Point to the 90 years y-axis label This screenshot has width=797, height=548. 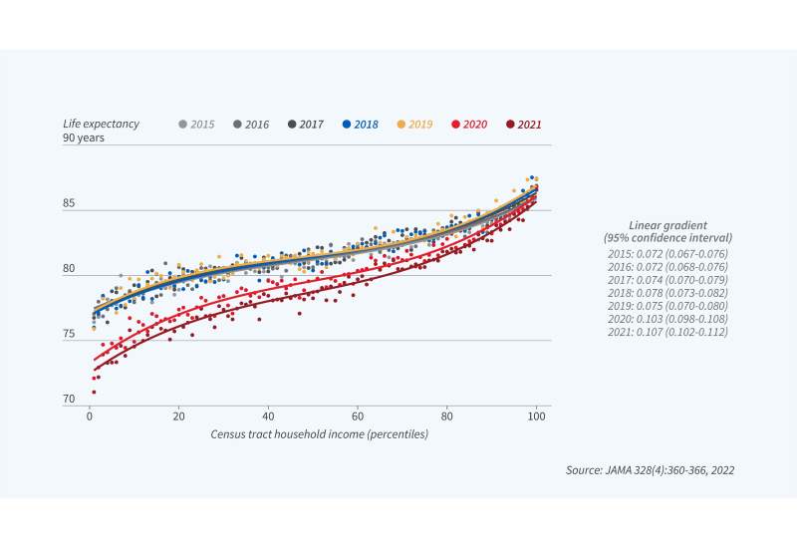point(83,138)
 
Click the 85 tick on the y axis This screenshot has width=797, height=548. point(70,205)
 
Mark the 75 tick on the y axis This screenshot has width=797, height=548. point(70,335)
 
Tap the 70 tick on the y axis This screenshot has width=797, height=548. point(70,400)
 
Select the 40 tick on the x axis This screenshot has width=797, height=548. point(268,416)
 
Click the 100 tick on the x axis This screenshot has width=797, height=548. point(537,416)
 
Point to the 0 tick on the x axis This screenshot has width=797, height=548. point(90,416)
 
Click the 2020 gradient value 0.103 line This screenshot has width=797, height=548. point(667,317)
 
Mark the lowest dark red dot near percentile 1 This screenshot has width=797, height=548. point(93,393)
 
